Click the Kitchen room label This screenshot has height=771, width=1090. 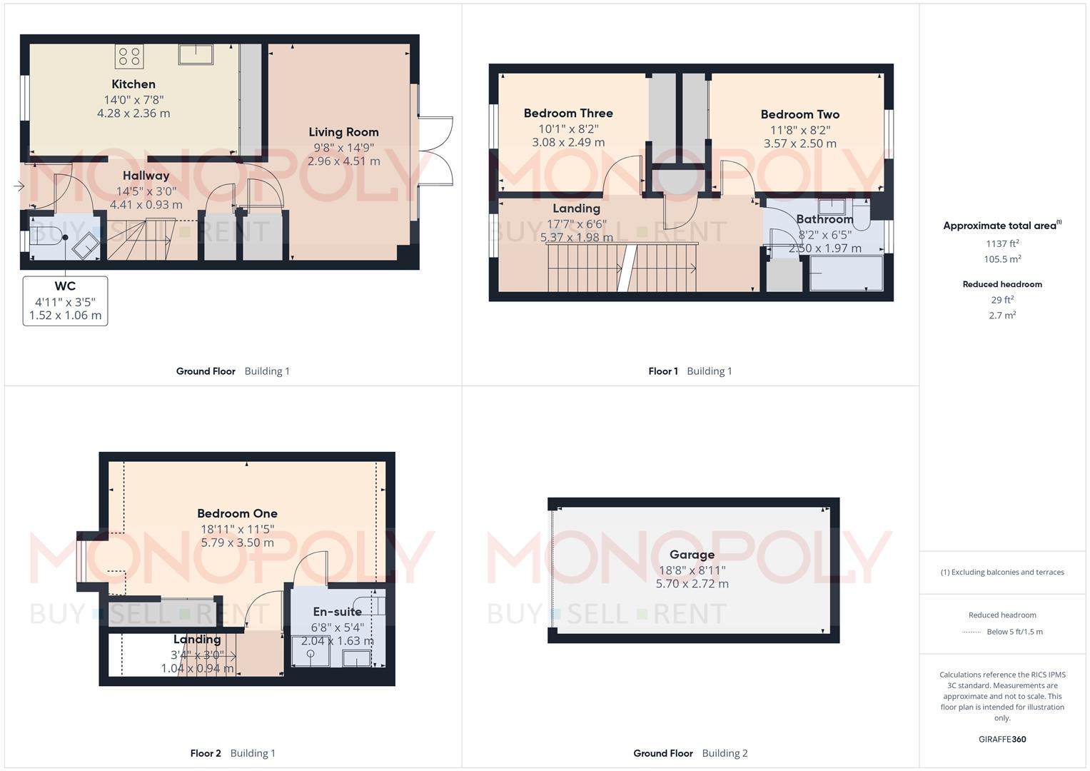pos(133,84)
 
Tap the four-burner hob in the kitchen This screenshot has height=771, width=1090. pos(129,56)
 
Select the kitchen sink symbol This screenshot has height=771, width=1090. pos(196,54)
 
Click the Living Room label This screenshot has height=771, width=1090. pos(343,132)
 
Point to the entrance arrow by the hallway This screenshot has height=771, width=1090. pos(19,186)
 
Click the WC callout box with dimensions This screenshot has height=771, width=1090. pos(65,301)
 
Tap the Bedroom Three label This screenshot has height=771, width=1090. pos(568,114)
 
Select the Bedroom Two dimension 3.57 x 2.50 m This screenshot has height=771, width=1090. pos(799,143)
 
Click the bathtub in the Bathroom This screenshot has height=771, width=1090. pos(847,273)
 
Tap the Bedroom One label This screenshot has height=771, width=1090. pos(237,513)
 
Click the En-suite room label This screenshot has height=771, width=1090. pos(337,612)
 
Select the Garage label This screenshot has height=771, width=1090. pos(692,555)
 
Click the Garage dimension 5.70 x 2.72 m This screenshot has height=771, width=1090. pos(692,584)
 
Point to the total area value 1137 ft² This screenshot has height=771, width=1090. pos(1002,243)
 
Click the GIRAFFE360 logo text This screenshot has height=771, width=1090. pos(1002,740)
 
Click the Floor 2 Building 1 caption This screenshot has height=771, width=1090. pos(233,753)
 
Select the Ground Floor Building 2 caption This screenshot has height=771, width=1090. pos(690,753)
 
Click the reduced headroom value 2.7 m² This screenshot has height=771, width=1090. pos(1002,316)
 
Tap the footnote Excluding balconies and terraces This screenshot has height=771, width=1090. pos(1002,572)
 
